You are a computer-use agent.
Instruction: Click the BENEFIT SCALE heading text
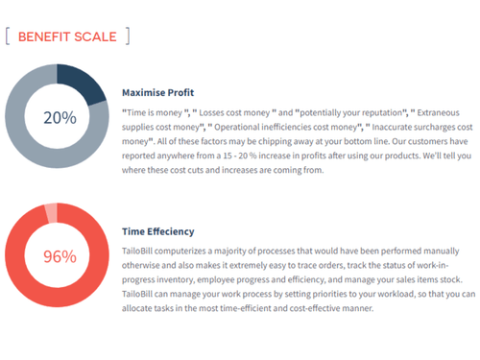[67, 37]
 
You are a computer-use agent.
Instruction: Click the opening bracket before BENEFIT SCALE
[9, 37]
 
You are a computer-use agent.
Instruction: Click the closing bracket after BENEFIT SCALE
[127, 37]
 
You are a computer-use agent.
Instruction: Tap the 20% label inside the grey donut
[60, 118]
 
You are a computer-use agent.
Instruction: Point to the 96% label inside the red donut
[60, 257]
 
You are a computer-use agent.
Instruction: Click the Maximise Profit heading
[158, 93]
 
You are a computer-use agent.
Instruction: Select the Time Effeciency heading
[158, 231]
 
